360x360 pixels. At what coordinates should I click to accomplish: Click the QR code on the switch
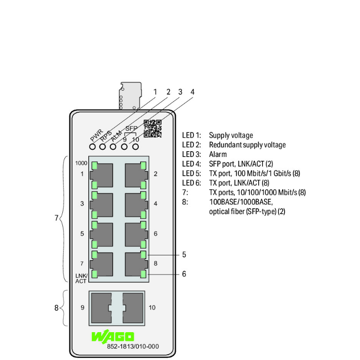153,129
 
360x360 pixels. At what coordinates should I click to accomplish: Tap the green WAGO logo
113,337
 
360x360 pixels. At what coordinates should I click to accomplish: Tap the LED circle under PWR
91,146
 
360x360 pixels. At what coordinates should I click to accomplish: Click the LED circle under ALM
113,146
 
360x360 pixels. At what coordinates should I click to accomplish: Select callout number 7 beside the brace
56,218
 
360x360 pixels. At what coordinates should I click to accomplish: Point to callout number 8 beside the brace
56,308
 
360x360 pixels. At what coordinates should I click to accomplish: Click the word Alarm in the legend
218,155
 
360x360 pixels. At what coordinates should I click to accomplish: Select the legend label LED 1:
192,135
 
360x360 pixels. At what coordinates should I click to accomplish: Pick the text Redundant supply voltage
247,145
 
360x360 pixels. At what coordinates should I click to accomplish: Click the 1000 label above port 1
82,163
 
